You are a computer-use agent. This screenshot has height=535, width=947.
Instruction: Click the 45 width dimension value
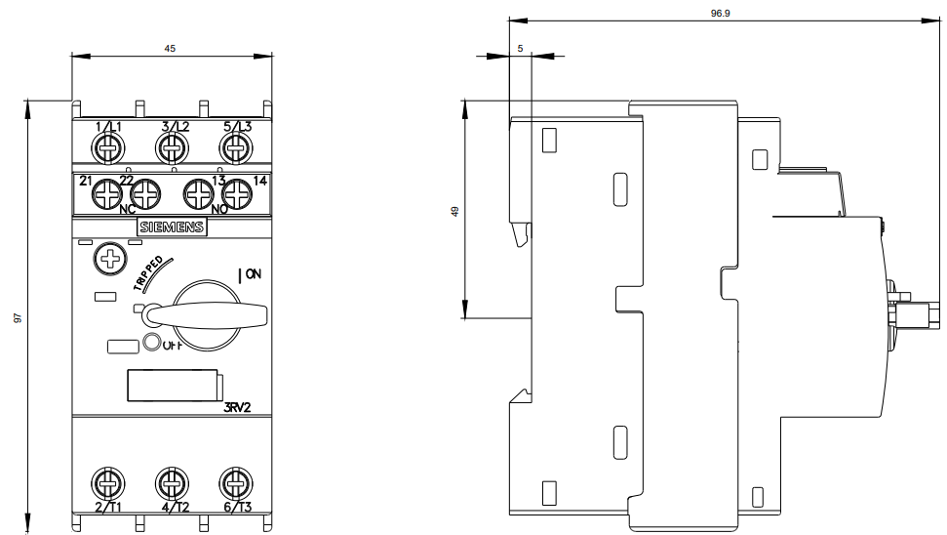170,49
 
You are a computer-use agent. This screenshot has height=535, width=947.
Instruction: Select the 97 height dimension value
18,317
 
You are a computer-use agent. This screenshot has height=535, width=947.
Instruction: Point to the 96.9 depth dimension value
720,14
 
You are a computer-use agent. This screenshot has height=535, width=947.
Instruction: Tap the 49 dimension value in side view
454,212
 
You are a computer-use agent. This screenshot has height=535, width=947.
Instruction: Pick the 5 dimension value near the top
520,49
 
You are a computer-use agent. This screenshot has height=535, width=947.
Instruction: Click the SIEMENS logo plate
172,227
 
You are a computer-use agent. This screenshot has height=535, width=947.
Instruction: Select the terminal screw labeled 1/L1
108,147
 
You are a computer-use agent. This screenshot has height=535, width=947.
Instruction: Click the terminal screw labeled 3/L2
172,147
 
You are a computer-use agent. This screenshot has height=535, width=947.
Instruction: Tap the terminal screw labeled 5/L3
236,147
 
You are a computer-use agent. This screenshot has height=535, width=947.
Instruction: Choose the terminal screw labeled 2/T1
108,483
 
